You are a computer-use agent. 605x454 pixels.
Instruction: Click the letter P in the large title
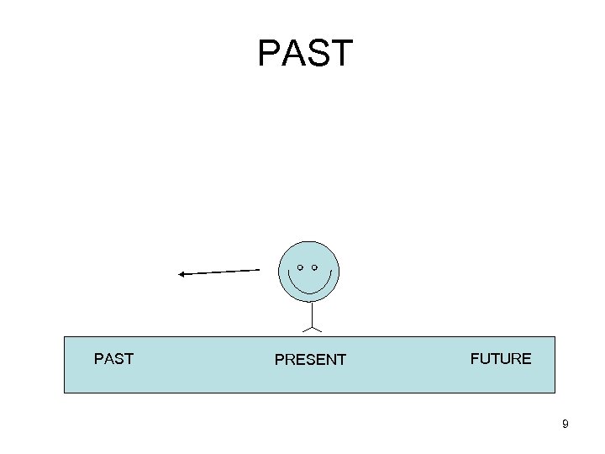click(x=269, y=53)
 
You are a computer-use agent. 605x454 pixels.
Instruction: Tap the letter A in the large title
click(x=292, y=53)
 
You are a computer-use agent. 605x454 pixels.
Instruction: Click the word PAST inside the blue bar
click(x=113, y=359)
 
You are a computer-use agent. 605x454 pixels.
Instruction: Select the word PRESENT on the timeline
click(x=310, y=360)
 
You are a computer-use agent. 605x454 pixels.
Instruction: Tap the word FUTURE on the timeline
click(x=501, y=359)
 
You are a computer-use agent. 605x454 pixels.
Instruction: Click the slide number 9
click(x=566, y=425)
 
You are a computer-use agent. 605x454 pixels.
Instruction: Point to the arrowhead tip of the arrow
click(x=179, y=274)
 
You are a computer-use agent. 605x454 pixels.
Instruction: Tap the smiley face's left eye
click(x=300, y=267)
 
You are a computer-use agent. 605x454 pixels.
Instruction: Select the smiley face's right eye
click(x=314, y=267)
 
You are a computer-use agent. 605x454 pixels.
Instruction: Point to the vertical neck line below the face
click(x=310, y=314)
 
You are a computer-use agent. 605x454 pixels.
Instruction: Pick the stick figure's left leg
click(x=305, y=329)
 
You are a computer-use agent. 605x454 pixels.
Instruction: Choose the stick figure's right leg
click(x=316, y=329)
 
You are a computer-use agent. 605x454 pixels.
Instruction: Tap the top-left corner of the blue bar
click(x=65, y=337)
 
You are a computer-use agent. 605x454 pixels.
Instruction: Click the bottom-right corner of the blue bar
click(x=555, y=393)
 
